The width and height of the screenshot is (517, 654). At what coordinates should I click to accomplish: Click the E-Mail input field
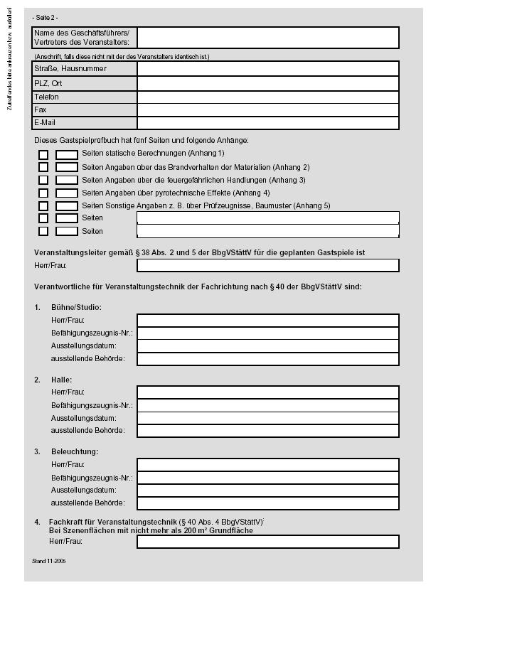pos(267,123)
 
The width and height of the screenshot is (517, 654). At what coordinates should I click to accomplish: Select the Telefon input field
pos(267,97)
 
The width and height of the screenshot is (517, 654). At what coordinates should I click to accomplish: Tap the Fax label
pos(41,110)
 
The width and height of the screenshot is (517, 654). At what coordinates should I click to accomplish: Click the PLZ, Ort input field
pos(267,83)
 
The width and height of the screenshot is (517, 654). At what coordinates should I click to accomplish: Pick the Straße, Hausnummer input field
pos(267,69)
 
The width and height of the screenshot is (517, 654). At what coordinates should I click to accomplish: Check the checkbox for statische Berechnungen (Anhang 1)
pos(43,154)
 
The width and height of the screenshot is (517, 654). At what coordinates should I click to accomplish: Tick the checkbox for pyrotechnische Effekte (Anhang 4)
pos(43,193)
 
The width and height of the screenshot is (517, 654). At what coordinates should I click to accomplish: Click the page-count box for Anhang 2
pos(67,167)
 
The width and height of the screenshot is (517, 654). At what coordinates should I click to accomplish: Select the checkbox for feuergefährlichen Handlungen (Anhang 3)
pos(43,180)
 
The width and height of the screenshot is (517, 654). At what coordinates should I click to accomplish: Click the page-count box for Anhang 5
pos(67,205)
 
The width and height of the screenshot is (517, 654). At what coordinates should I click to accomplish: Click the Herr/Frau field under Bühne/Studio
pos(267,321)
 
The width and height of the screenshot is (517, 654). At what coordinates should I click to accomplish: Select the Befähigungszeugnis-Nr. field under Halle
pos(267,405)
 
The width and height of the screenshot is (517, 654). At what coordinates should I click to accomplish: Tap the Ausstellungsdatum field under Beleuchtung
pos(267,490)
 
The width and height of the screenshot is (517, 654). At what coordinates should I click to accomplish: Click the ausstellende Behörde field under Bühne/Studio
pos(267,359)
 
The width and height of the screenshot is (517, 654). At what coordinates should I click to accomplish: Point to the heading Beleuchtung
pos(75,451)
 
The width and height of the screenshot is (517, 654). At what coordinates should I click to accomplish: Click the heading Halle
pos(62,380)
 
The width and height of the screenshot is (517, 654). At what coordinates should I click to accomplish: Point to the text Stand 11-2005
pos(49,561)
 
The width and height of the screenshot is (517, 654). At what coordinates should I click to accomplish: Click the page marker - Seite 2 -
pos(46,17)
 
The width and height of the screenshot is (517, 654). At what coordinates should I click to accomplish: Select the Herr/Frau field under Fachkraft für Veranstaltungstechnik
pos(267,542)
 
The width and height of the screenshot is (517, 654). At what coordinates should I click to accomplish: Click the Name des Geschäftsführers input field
pos(267,38)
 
